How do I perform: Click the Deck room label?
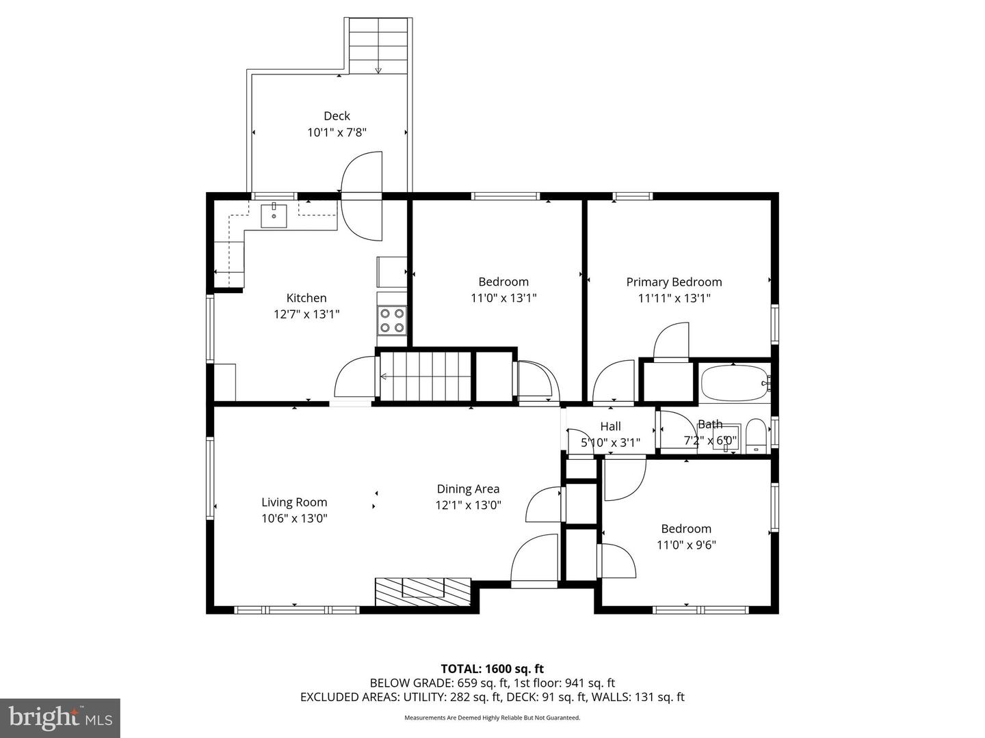click(337, 116)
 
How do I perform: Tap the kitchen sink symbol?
click(274, 215)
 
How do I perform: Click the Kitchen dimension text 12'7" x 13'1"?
click(306, 314)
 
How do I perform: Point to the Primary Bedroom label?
click(674, 282)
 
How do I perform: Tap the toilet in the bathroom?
click(755, 436)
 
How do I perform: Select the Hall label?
click(610, 426)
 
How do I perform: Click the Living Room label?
click(294, 502)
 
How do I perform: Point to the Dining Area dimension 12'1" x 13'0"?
click(469, 506)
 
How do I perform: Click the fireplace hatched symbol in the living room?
click(423, 591)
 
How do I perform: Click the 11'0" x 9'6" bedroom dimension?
click(686, 545)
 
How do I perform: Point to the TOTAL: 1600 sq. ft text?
click(492, 669)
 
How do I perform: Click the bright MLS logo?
click(60, 717)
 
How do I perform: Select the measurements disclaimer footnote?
click(492, 718)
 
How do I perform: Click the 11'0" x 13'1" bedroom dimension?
click(503, 298)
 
